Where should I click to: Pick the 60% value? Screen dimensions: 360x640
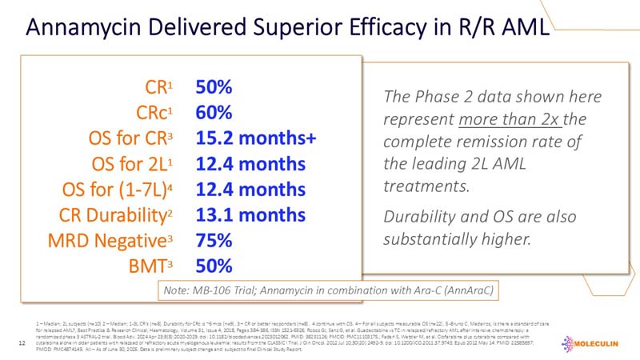(x=214, y=112)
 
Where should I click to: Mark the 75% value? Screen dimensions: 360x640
(x=214, y=240)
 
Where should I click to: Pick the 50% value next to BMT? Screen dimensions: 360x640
(x=214, y=266)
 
